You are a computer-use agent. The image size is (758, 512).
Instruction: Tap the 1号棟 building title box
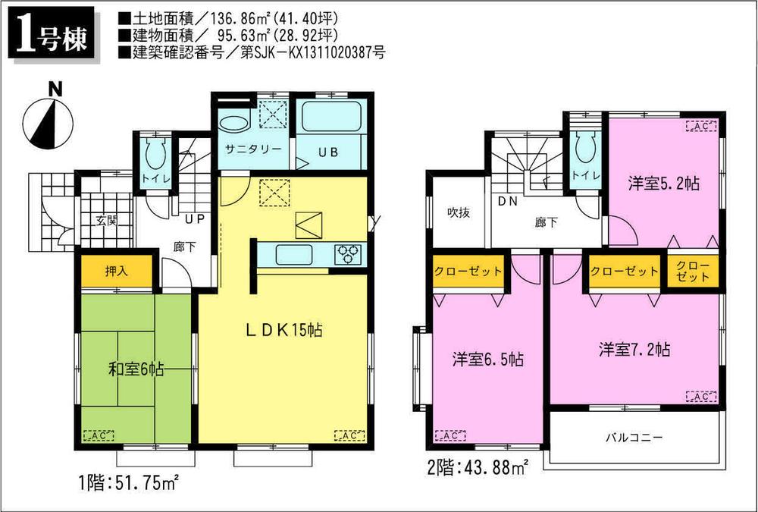(x=52, y=36)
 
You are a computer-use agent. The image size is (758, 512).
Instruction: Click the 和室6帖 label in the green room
(x=136, y=370)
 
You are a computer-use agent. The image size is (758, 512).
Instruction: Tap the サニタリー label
(x=252, y=150)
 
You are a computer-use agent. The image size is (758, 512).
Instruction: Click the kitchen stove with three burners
(x=349, y=253)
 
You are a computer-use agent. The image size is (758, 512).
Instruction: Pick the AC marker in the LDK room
(x=348, y=435)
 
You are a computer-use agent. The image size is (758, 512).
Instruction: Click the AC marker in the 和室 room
(x=95, y=435)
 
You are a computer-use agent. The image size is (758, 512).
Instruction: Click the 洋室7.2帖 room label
(x=634, y=350)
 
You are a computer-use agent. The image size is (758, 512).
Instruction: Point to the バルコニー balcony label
(x=634, y=438)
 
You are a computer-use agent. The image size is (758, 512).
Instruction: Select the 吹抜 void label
(x=458, y=212)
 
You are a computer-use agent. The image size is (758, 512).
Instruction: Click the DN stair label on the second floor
(x=508, y=202)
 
